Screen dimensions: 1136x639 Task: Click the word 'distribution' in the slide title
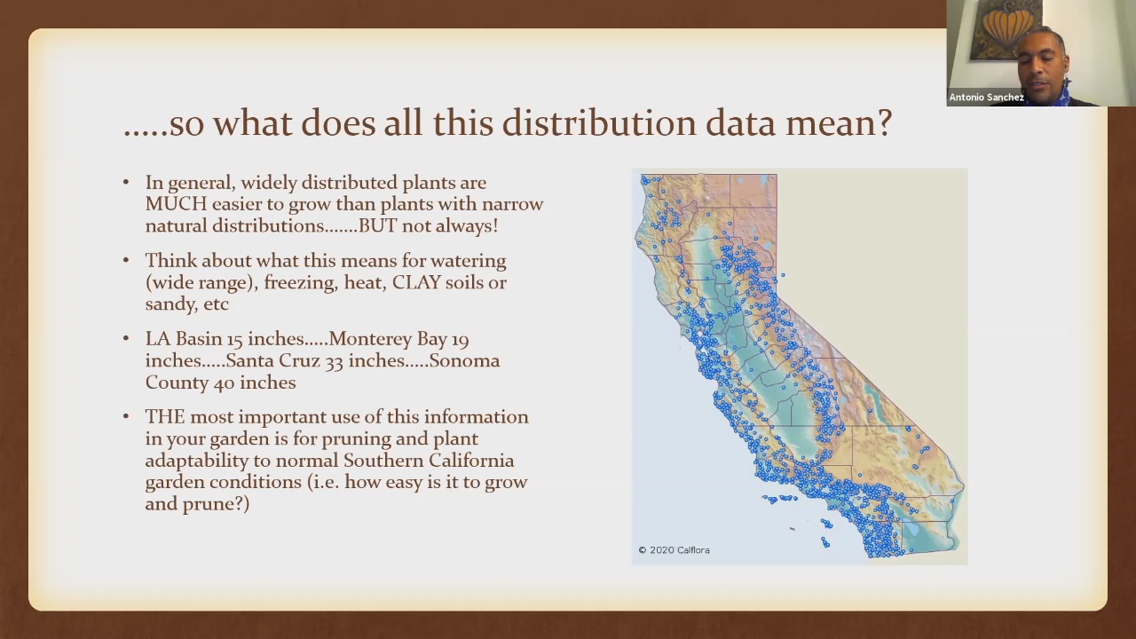coord(599,122)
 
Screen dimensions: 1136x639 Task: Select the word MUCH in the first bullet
coord(176,204)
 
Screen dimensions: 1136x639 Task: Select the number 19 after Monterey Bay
coord(460,339)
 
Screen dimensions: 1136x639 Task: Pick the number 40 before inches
coord(224,383)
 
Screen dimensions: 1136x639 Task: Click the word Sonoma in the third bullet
coord(464,360)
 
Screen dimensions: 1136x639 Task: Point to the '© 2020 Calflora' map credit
coord(674,549)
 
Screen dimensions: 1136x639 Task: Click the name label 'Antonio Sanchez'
coord(986,98)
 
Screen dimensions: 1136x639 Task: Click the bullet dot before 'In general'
coord(126,183)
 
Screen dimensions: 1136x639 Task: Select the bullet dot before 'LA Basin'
coord(126,339)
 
